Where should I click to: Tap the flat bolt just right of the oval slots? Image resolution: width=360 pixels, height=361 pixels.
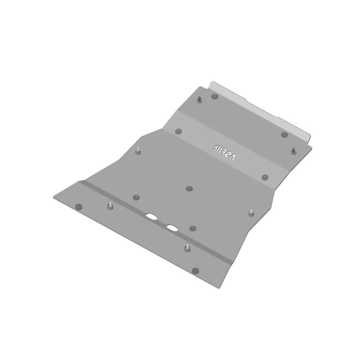point(192,228)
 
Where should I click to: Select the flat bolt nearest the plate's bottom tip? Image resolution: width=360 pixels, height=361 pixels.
point(195,270)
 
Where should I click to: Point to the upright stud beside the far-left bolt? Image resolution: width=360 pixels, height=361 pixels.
point(110,206)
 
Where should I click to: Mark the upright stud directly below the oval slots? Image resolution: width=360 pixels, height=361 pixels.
point(187,248)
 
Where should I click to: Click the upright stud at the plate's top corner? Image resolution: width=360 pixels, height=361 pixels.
point(199,99)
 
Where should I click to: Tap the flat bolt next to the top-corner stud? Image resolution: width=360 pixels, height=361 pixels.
point(215,96)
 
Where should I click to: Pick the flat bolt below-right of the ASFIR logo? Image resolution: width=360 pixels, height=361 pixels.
point(265,177)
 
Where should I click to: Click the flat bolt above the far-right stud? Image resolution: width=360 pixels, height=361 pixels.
point(284,134)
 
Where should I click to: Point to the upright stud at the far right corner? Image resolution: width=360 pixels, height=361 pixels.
point(294,150)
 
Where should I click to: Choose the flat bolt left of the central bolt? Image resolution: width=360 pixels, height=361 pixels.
point(136,197)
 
